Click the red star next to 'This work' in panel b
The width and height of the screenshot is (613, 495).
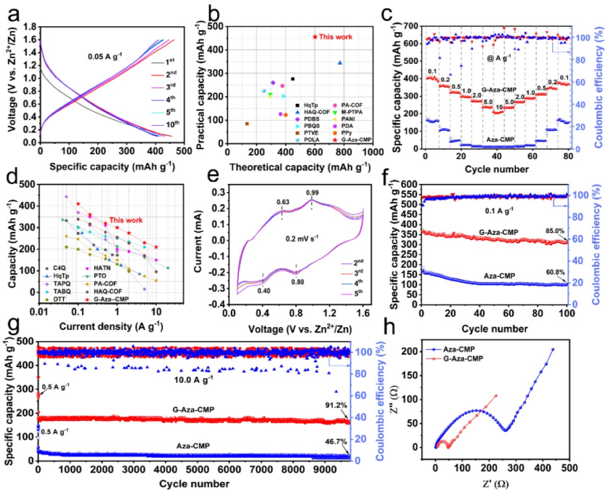[314, 37]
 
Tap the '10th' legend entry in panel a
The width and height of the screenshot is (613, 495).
[173, 125]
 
